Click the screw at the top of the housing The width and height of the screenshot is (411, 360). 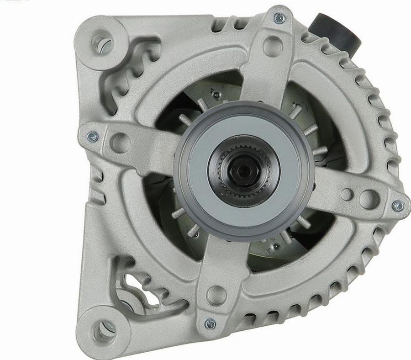tap(279, 18)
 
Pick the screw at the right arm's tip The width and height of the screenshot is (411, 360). tap(398, 206)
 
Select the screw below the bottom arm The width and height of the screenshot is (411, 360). tap(210, 324)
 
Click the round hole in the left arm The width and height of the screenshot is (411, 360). tap(120, 143)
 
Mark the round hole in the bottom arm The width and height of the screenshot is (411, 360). tap(216, 294)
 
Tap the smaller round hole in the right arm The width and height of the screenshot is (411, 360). tap(347, 194)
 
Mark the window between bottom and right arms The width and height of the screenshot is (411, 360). tap(292, 247)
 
